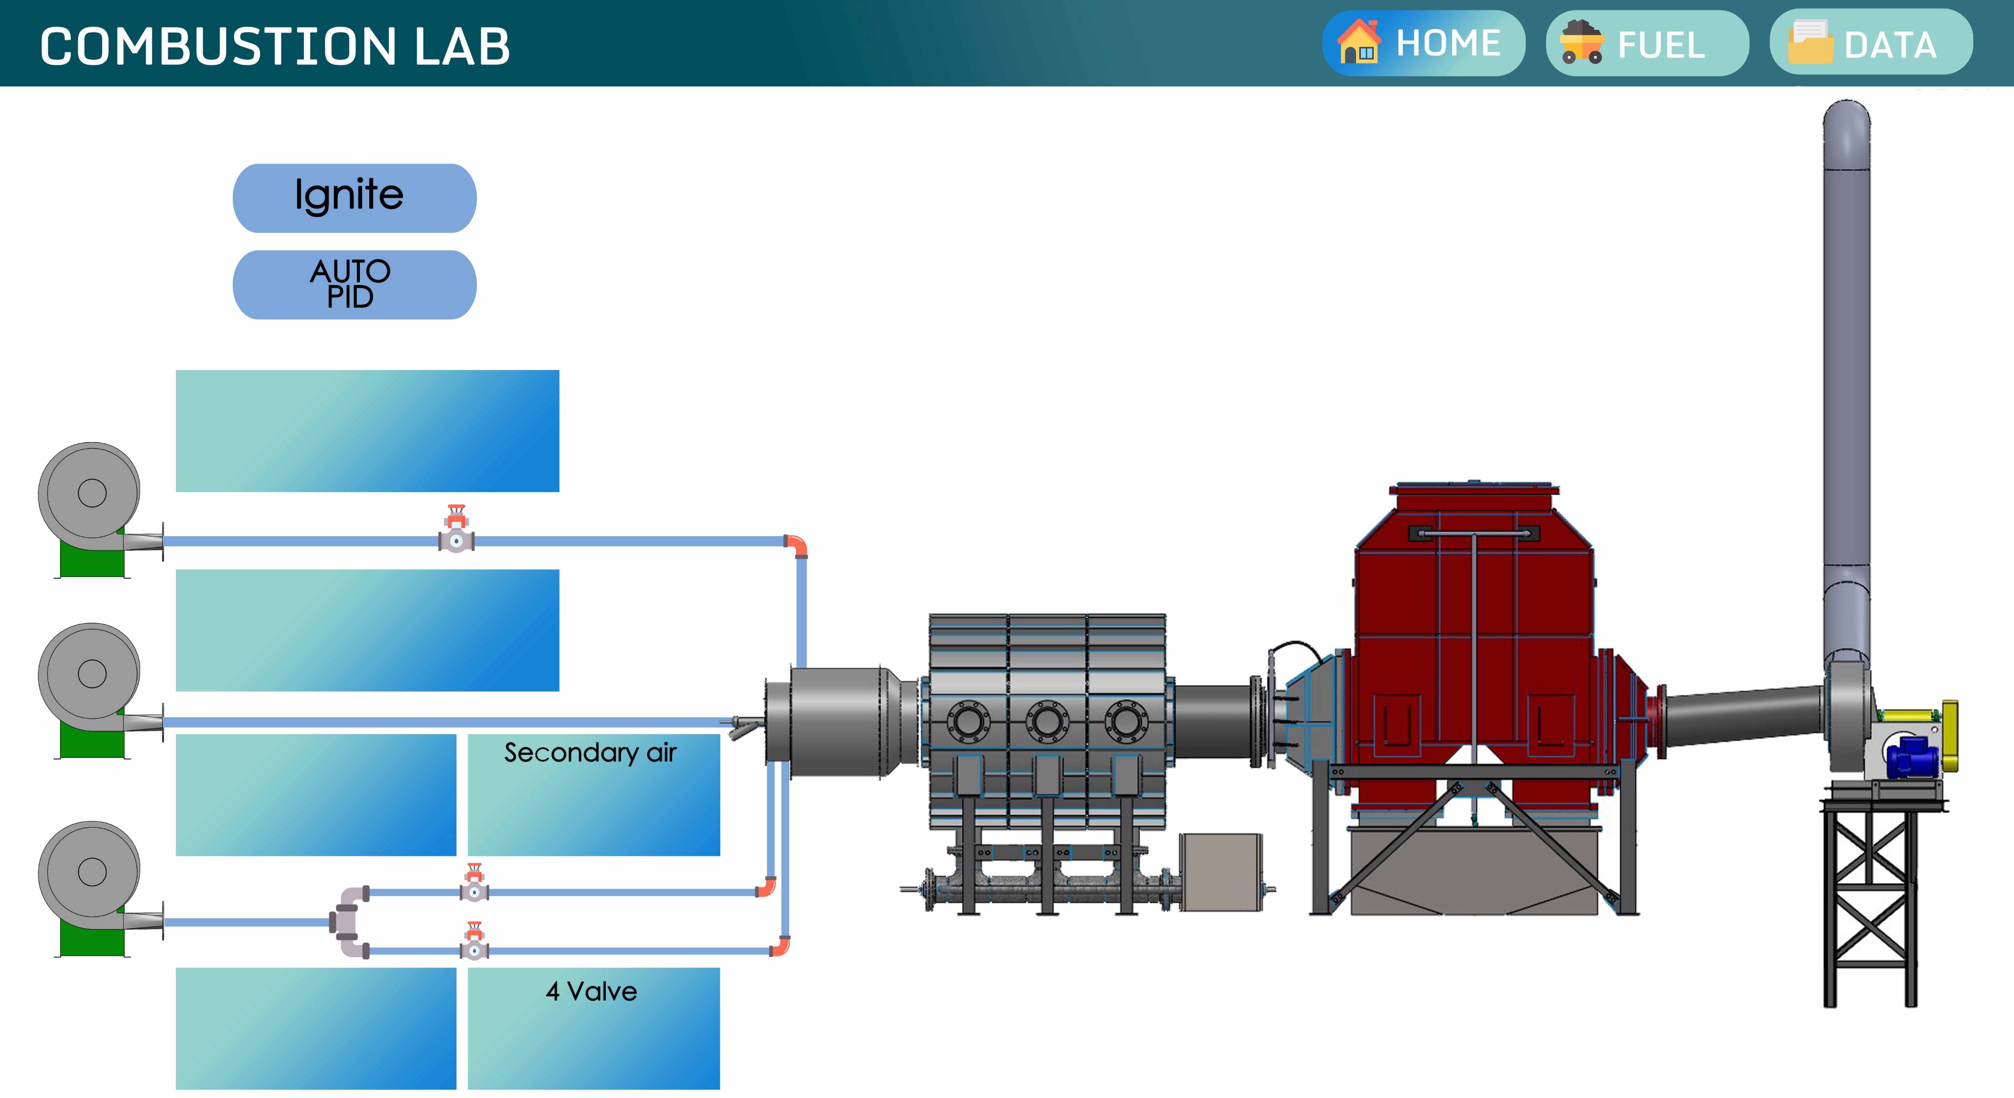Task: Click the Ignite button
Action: pyautogui.click(x=354, y=198)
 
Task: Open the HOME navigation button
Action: pyautogui.click(x=1423, y=43)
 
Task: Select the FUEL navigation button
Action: pyautogui.click(x=1647, y=43)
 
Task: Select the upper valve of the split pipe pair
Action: pyautogui.click(x=474, y=883)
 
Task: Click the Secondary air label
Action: pyautogui.click(x=590, y=752)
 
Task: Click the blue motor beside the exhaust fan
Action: pyautogui.click(x=1912, y=756)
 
